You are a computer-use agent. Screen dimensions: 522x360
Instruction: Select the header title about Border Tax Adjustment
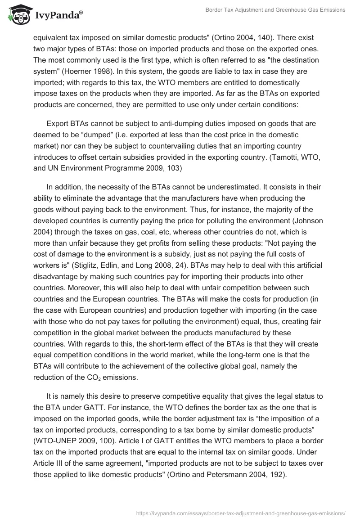click(275, 10)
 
